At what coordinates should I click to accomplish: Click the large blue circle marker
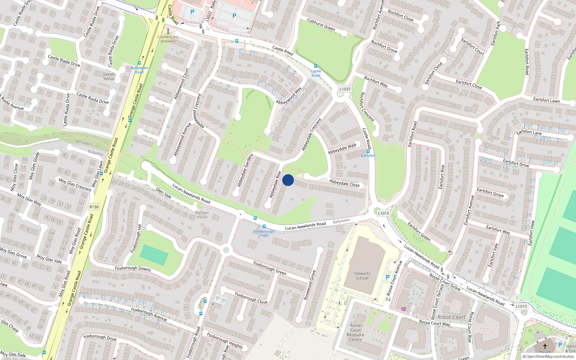[288, 180]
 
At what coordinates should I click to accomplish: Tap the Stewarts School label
[362, 276]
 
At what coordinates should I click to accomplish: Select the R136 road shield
[94, 207]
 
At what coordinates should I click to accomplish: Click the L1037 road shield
[345, 89]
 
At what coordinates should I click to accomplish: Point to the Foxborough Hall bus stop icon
[264, 226]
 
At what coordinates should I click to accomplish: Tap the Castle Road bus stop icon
[316, 66]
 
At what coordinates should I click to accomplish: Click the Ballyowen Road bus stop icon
[139, 63]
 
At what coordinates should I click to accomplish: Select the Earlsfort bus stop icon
[368, 151]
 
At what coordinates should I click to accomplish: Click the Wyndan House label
[202, 215]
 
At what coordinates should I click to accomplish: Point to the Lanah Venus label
[109, 76]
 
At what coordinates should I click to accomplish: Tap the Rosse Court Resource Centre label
[355, 332]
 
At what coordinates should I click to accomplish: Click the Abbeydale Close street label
[344, 183]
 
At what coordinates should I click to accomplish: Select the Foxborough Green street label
[270, 268]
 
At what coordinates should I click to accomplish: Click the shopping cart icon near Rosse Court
[404, 309]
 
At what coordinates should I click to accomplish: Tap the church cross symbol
[545, 346]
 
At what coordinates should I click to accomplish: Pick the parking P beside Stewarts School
[387, 277]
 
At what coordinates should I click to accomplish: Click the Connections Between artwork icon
[168, 31]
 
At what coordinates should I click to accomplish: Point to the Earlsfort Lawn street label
[546, 100]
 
